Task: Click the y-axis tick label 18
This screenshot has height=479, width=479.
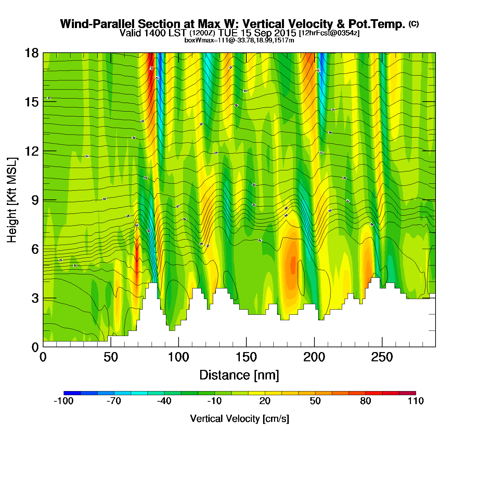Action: [31, 53]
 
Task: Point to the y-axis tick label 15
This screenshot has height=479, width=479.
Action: [31, 102]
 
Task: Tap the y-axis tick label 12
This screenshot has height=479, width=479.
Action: [31, 151]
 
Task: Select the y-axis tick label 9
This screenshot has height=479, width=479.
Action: [35, 200]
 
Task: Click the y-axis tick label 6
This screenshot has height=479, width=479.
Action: [35, 249]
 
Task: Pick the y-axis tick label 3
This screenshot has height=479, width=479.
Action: [35, 298]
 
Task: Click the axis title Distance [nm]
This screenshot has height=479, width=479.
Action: [239, 375]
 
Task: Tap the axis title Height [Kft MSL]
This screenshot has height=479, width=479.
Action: [12, 200]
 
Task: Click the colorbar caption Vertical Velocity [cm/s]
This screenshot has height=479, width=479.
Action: [239, 419]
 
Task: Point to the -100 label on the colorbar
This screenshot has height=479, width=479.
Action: [64, 401]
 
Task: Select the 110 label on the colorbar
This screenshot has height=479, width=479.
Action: [415, 401]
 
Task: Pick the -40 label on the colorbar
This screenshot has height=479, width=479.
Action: [164, 401]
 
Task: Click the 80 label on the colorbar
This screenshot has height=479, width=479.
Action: [365, 401]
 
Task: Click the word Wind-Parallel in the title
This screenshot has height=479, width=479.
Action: [98, 24]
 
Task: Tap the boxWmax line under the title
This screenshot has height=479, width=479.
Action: [239, 40]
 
